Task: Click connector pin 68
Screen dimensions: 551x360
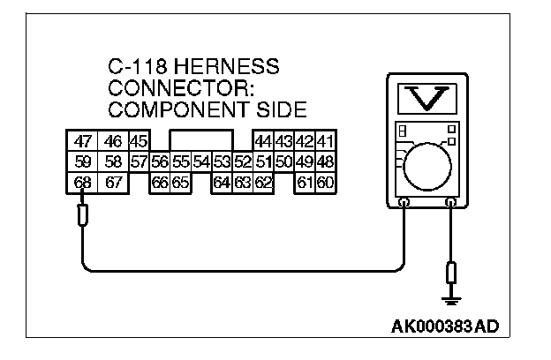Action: [x=82, y=183]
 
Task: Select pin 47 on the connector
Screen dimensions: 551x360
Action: [x=82, y=141]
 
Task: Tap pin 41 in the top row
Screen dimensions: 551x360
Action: [x=325, y=141]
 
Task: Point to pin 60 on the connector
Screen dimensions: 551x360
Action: [x=325, y=183]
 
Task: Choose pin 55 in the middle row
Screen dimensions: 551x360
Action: [x=180, y=161]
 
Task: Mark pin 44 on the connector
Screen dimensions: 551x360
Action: [x=262, y=141]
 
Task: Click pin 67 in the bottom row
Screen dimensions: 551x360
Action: [x=112, y=183]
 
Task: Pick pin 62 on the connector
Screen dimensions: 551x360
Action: [x=262, y=183]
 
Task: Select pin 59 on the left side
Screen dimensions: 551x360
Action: [x=82, y=161]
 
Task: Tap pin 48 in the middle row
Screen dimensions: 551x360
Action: [x=325, y=161]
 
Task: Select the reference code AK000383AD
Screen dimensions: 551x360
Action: [x=444, y=327]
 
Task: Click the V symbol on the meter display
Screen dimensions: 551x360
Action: [x=427, y=99]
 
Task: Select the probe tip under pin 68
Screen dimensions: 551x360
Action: [x=82, y=214]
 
